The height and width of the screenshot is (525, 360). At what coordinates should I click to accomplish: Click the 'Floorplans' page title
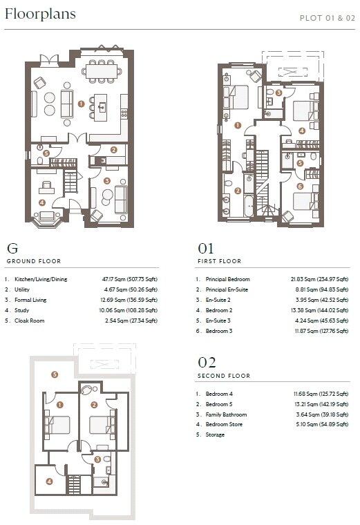coord(40,14)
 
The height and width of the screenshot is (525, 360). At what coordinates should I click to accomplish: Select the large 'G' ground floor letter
coord(12,248)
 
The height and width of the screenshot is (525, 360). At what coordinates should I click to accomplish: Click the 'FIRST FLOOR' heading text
coord(219,262)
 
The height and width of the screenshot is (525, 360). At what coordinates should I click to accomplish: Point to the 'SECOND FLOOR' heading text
coord(223,376)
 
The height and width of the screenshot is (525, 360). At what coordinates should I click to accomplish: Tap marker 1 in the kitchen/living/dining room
coord(81,104)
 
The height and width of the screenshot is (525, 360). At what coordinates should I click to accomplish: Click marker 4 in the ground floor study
coord(42,202)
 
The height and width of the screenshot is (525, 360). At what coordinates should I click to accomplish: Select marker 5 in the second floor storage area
coord(55,374)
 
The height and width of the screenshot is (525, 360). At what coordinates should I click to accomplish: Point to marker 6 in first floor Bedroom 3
coord(300,187)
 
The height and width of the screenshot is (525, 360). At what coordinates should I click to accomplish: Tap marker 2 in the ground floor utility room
coord(114,149)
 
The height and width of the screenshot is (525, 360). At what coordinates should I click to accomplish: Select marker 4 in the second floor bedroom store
coord(49,481)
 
